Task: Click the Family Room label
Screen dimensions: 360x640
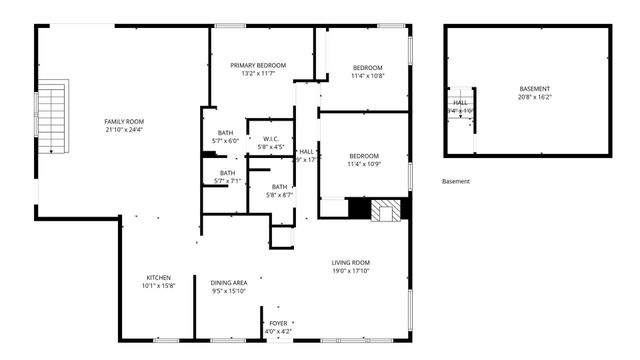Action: click(x=124, y=121)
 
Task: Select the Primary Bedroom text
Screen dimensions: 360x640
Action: click(x=258, y=65)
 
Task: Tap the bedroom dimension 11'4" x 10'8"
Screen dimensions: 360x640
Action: click(x=365, y=76)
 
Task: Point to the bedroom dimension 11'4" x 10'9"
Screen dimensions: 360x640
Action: click(x=364, y=164)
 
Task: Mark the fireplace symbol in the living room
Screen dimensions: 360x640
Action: click(x=386, y=210)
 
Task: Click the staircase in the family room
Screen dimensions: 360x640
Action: click(x=52, y=118)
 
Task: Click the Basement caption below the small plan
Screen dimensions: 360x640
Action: click(x=455, y=181)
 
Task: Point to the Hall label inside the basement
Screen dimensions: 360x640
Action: click(x=460, y=102)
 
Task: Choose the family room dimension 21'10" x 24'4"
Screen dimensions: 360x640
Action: click(x=124, y=129)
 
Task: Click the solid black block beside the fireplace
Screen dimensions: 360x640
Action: click(x=358, y=209)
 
